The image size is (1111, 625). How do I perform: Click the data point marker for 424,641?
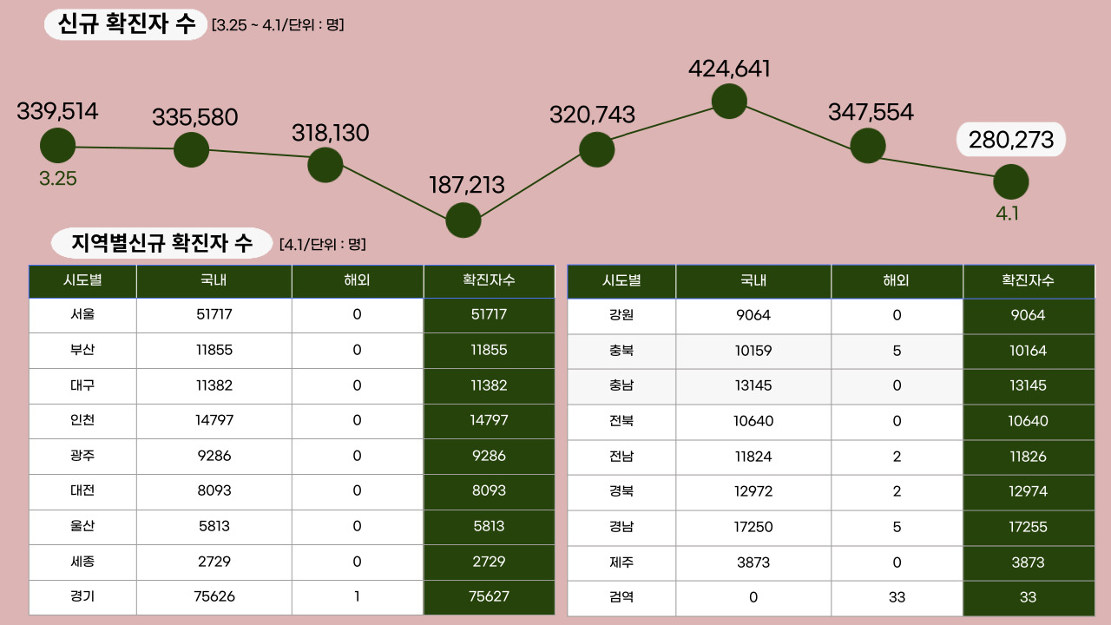coord(729,101)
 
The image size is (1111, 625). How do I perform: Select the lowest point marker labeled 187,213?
coord(463,220)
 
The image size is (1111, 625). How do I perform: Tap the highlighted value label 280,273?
coord(1010,139)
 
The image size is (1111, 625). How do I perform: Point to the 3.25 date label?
coord(58,179)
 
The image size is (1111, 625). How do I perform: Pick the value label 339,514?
coord(57,111)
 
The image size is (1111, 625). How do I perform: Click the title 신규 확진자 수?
coord(126,24)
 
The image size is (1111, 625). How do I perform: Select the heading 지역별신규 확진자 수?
coord(162,243)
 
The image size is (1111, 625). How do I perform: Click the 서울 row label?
coord(82,315)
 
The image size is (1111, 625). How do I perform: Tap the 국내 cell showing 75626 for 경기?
coord(214,596)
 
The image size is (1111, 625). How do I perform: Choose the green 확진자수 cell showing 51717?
coord(489,315)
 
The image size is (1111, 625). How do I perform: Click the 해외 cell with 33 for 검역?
coord(897,597)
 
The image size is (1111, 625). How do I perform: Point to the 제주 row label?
coord(621,562)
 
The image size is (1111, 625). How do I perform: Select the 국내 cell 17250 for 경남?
coord(753,527)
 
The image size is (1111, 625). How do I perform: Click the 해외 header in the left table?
coord(357,280)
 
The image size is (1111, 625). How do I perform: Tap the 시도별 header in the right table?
coord(621,280)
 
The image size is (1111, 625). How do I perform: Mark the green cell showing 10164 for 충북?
coord(1029,351)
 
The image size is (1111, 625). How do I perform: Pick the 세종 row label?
coord(82,562)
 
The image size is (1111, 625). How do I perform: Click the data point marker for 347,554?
coord(868,145)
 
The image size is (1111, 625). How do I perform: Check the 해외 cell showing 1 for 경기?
coord(357,596)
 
